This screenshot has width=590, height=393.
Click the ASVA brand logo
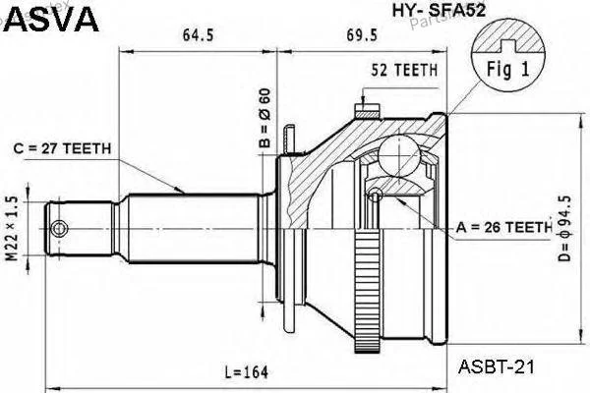(x=52, y=19)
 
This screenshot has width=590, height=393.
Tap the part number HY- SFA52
(x=440, y=11)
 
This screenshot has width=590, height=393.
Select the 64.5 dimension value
(x=198, y=35)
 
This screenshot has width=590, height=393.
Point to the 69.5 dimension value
(x=362, y=35)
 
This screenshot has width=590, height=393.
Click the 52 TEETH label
(x=404, y=71)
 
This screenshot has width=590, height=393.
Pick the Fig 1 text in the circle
(x=508, y=70)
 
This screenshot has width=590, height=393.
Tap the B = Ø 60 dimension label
(x=265, y=118)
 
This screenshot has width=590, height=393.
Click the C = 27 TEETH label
(x=62, y=149)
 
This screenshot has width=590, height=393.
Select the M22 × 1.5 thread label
(x=13, y=229)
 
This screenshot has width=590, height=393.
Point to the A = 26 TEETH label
(x=503, y=227)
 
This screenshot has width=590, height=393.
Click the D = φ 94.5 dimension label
(x=564, y=228)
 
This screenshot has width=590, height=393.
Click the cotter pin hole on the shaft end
(x=59, y=229)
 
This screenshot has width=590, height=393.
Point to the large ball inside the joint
(x=399, y=155)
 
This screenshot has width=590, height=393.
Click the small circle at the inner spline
(x=376, y=195)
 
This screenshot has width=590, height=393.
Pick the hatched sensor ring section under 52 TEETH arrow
(x=367, y=112)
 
